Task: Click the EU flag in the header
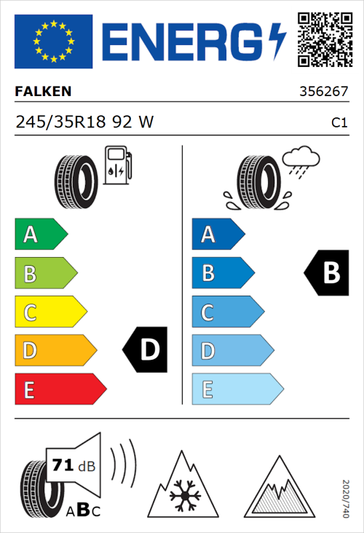(x=53, y=41)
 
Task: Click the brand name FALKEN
(x=43, y=92)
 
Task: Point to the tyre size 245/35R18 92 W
(x=84, y=122)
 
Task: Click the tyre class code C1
(x=339, y=123)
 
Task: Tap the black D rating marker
(x=146, y=350)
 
